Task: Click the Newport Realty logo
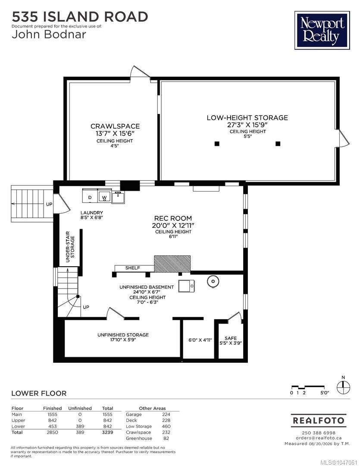point(322,30)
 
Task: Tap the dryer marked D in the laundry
point(90,195)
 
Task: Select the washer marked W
point(104,195)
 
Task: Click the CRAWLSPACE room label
point(115,126)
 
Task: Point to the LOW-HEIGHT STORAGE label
point(247,118)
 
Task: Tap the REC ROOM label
point(173,218)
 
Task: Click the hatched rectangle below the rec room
point(172,264)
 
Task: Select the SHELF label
point(132,268)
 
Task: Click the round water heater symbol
point(213,281)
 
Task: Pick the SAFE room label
point(231,338)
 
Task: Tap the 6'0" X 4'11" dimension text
point(200,340)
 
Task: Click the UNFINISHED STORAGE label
point(123,335)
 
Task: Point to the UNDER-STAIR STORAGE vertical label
point(70,247)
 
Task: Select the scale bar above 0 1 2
point(308,387)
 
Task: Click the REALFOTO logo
point(319,421)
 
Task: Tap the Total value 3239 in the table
point(107,432)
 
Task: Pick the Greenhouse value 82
point(166,438)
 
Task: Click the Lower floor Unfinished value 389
point(80,426)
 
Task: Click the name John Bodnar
point(49,34)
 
